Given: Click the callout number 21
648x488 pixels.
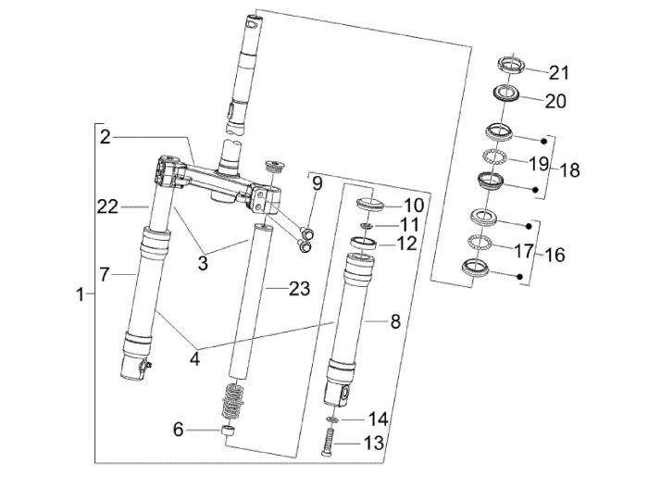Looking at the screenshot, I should (x=559, y=72).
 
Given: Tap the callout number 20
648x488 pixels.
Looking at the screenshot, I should (x=555, y=100).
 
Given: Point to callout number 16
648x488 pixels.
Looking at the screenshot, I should (x=554, y=254).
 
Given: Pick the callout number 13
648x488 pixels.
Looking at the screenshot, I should (x=373, y=444).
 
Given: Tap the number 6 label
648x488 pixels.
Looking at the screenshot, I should (x=178, y=429).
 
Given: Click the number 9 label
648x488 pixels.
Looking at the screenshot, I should (x=316, y=183).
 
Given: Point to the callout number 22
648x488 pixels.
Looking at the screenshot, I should (x=108, y=207).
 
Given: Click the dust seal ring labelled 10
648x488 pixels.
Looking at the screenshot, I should (x=368, y=203).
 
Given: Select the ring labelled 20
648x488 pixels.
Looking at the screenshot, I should (x=505, y=94).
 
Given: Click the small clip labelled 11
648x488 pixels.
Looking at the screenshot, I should (x=368, y=225).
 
